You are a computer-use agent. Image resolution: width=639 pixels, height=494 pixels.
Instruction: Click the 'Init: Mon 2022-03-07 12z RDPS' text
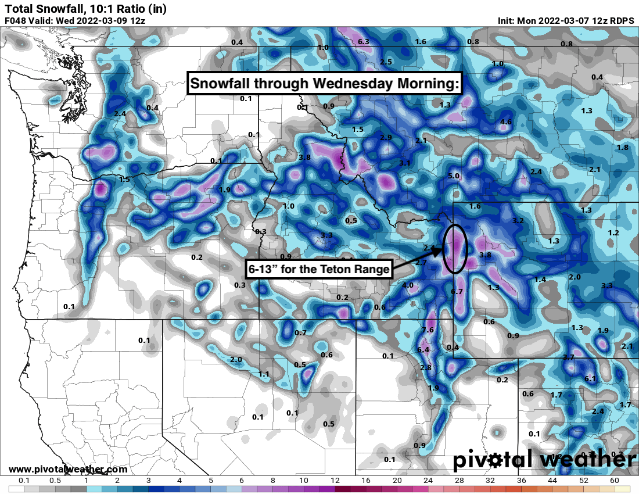566,20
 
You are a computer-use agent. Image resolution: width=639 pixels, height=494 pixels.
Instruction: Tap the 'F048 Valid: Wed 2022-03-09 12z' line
74,20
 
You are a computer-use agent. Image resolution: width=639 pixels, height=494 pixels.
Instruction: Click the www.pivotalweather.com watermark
68,469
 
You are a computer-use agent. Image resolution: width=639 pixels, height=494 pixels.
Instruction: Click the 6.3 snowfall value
364,42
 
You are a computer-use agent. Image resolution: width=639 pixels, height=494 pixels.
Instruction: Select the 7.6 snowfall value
428,330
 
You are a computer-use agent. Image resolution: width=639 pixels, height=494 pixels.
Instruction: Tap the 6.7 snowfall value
457,291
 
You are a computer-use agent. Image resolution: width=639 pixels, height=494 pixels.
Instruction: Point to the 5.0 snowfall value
454,176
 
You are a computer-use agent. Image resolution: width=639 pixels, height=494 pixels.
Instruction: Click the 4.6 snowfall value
506,121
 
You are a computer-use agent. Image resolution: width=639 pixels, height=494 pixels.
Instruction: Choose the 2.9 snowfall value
386,137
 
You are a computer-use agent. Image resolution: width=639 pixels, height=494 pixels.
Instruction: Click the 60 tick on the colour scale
615,481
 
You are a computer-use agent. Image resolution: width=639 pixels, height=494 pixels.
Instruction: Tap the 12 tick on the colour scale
335,481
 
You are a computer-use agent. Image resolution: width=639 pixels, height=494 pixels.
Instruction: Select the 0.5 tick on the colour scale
55,481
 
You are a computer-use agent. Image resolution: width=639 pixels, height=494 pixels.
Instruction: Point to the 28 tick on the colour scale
459,481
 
